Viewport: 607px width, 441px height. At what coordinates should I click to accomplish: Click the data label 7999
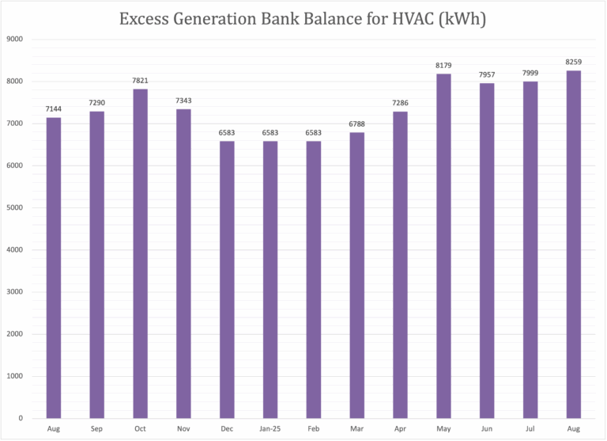point(530,74)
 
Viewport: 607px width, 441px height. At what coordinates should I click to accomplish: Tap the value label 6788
point(357,125)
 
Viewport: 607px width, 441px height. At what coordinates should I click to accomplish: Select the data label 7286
point(401,104)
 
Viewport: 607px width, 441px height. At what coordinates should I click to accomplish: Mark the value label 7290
point(96,104)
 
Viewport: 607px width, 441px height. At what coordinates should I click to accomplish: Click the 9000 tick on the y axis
point(15,39)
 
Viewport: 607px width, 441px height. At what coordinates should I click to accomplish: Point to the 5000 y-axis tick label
point(15,207)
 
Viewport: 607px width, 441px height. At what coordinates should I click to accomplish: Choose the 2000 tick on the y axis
point(15,334)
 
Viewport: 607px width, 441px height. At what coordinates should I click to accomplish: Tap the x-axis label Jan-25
point(270,428)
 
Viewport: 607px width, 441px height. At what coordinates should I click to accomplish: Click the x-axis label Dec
point(227,428)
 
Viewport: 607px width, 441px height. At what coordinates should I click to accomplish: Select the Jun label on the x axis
point(487,428)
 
